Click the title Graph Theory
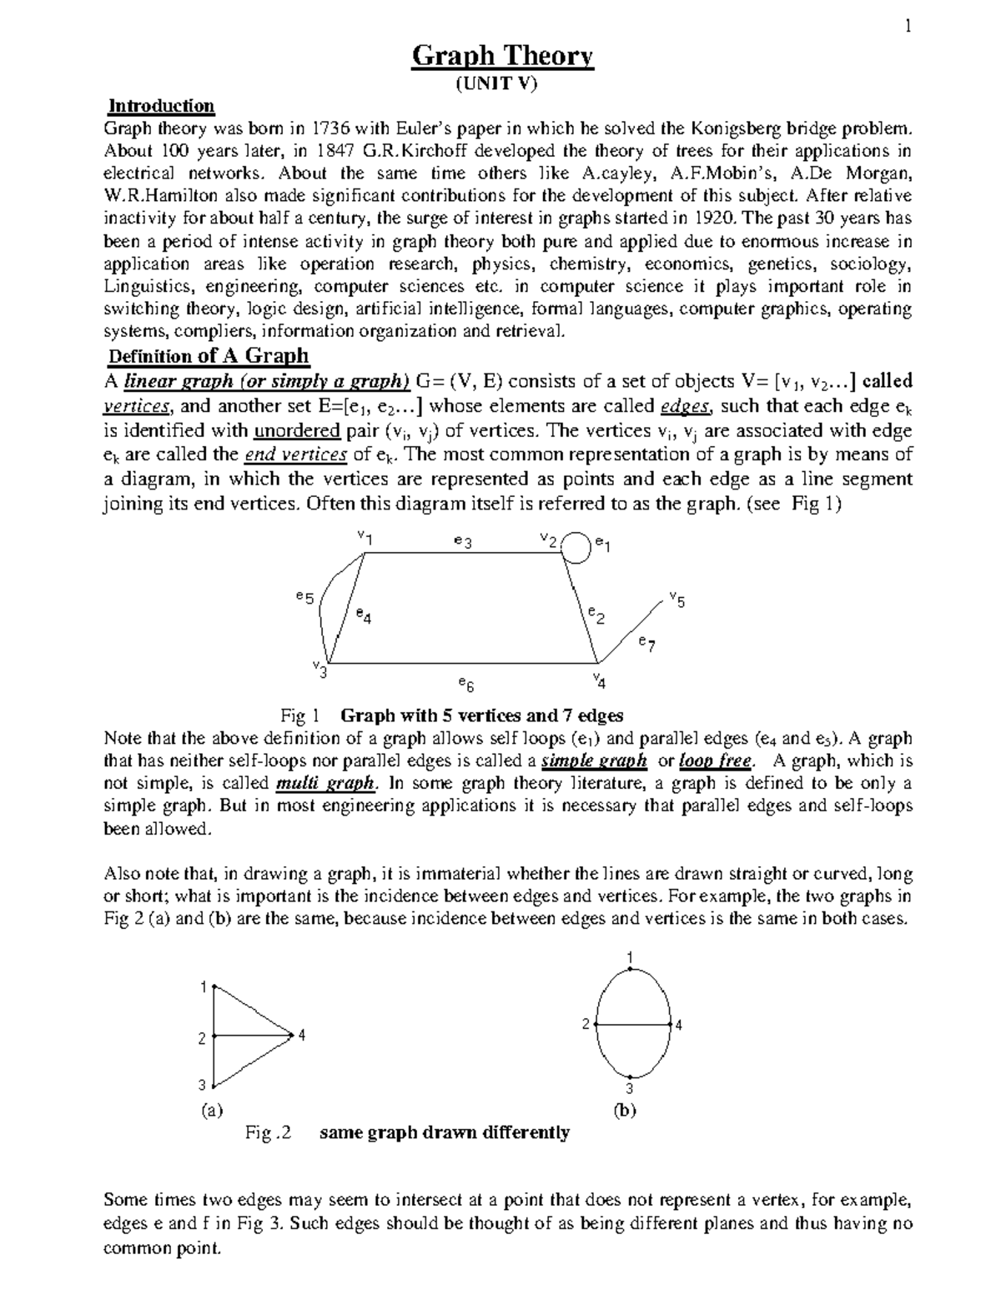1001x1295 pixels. coord(503,57)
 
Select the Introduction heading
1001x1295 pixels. coord(162,106)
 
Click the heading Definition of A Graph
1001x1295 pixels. coord(209,356)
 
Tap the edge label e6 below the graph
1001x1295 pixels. coord(465,685)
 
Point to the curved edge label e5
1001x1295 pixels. coord(304,597)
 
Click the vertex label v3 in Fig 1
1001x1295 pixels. coord(319,668)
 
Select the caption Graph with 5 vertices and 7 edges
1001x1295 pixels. coord(483,715)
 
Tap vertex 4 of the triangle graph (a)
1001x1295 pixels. coord(291,1035)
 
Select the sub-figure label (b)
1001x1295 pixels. coord(624,1111)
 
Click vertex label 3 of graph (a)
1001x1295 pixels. coord(202,1085)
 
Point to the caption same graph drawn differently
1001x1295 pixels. coord(445,1132)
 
